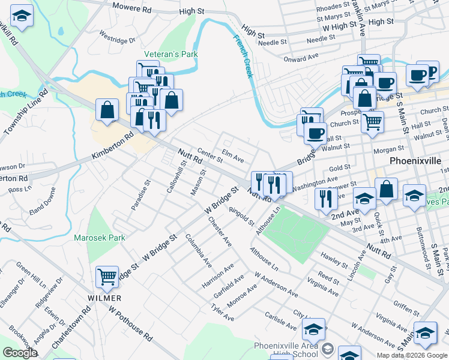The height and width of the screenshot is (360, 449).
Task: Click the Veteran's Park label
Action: [x=170, y=54]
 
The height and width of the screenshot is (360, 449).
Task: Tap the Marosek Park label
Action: [x=100, y=238]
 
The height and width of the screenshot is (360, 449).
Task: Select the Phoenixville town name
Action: [x=415, y=161]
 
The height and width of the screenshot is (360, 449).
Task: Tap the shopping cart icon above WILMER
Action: [x=107, y=277]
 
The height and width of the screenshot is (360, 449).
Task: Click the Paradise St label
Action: [x=140, y=194]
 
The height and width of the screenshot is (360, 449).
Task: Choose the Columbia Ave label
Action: [x=198, y=251]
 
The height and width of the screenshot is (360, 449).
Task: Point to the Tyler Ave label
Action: [x=222, y=313]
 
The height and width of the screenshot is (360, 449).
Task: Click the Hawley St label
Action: [x=334, y=259]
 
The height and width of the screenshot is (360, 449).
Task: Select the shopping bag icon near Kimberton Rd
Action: [x=107, y=110]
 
